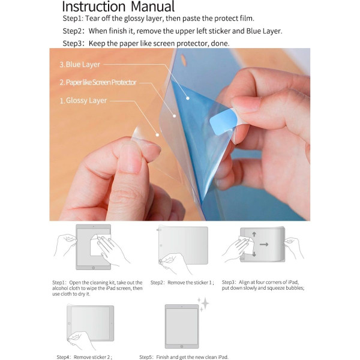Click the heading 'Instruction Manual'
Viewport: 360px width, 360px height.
coord(118,7)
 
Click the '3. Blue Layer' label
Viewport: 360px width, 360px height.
coord(79,64)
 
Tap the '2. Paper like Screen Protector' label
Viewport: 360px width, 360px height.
coord(98,82)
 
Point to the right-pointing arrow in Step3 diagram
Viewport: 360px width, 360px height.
coord(264,245)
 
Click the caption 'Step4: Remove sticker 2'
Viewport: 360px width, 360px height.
coord(84,356)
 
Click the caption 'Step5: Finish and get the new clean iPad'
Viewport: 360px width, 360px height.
coord(184,356)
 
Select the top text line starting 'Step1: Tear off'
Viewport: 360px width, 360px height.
coord(158,19)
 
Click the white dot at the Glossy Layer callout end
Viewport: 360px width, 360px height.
coord(158,135)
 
